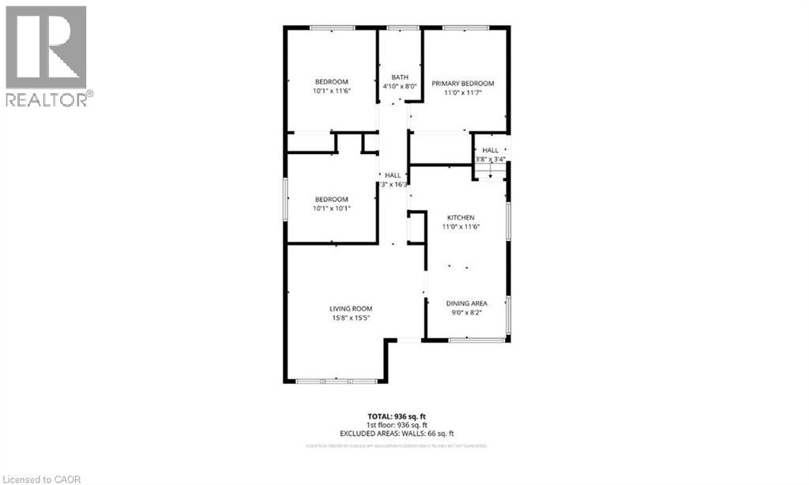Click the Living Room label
click(x=351, y=309)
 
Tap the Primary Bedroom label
click(x=462, y=84)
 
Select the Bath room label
click(x=399, y=77)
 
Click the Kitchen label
click(x=461, y=216)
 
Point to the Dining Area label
click(x=466, y=303)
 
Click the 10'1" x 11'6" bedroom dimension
click(x=332, y=91)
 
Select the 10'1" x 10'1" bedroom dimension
click(x=332, y=209)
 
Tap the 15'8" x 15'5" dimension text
click(x=351, y=318)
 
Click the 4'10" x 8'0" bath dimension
click(x=399, y=86)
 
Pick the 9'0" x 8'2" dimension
click(x=466, y=313)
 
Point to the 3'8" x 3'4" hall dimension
click(x=491, y=159)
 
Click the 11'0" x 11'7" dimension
click(x=462, y=93)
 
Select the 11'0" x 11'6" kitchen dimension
click(x=461, y=226)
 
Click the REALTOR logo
click(x=47, y=55)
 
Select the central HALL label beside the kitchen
click(x=393, y=175)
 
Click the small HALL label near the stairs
click(x=491, y=150)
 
